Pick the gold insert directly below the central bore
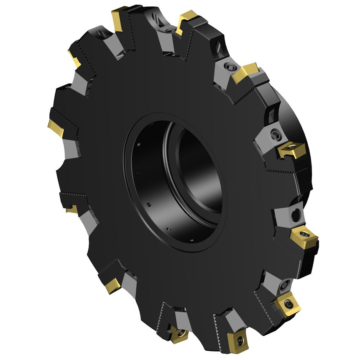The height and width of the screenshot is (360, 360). click(x=177, y=333)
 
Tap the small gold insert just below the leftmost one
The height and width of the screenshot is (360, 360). click(x=72, y=209)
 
